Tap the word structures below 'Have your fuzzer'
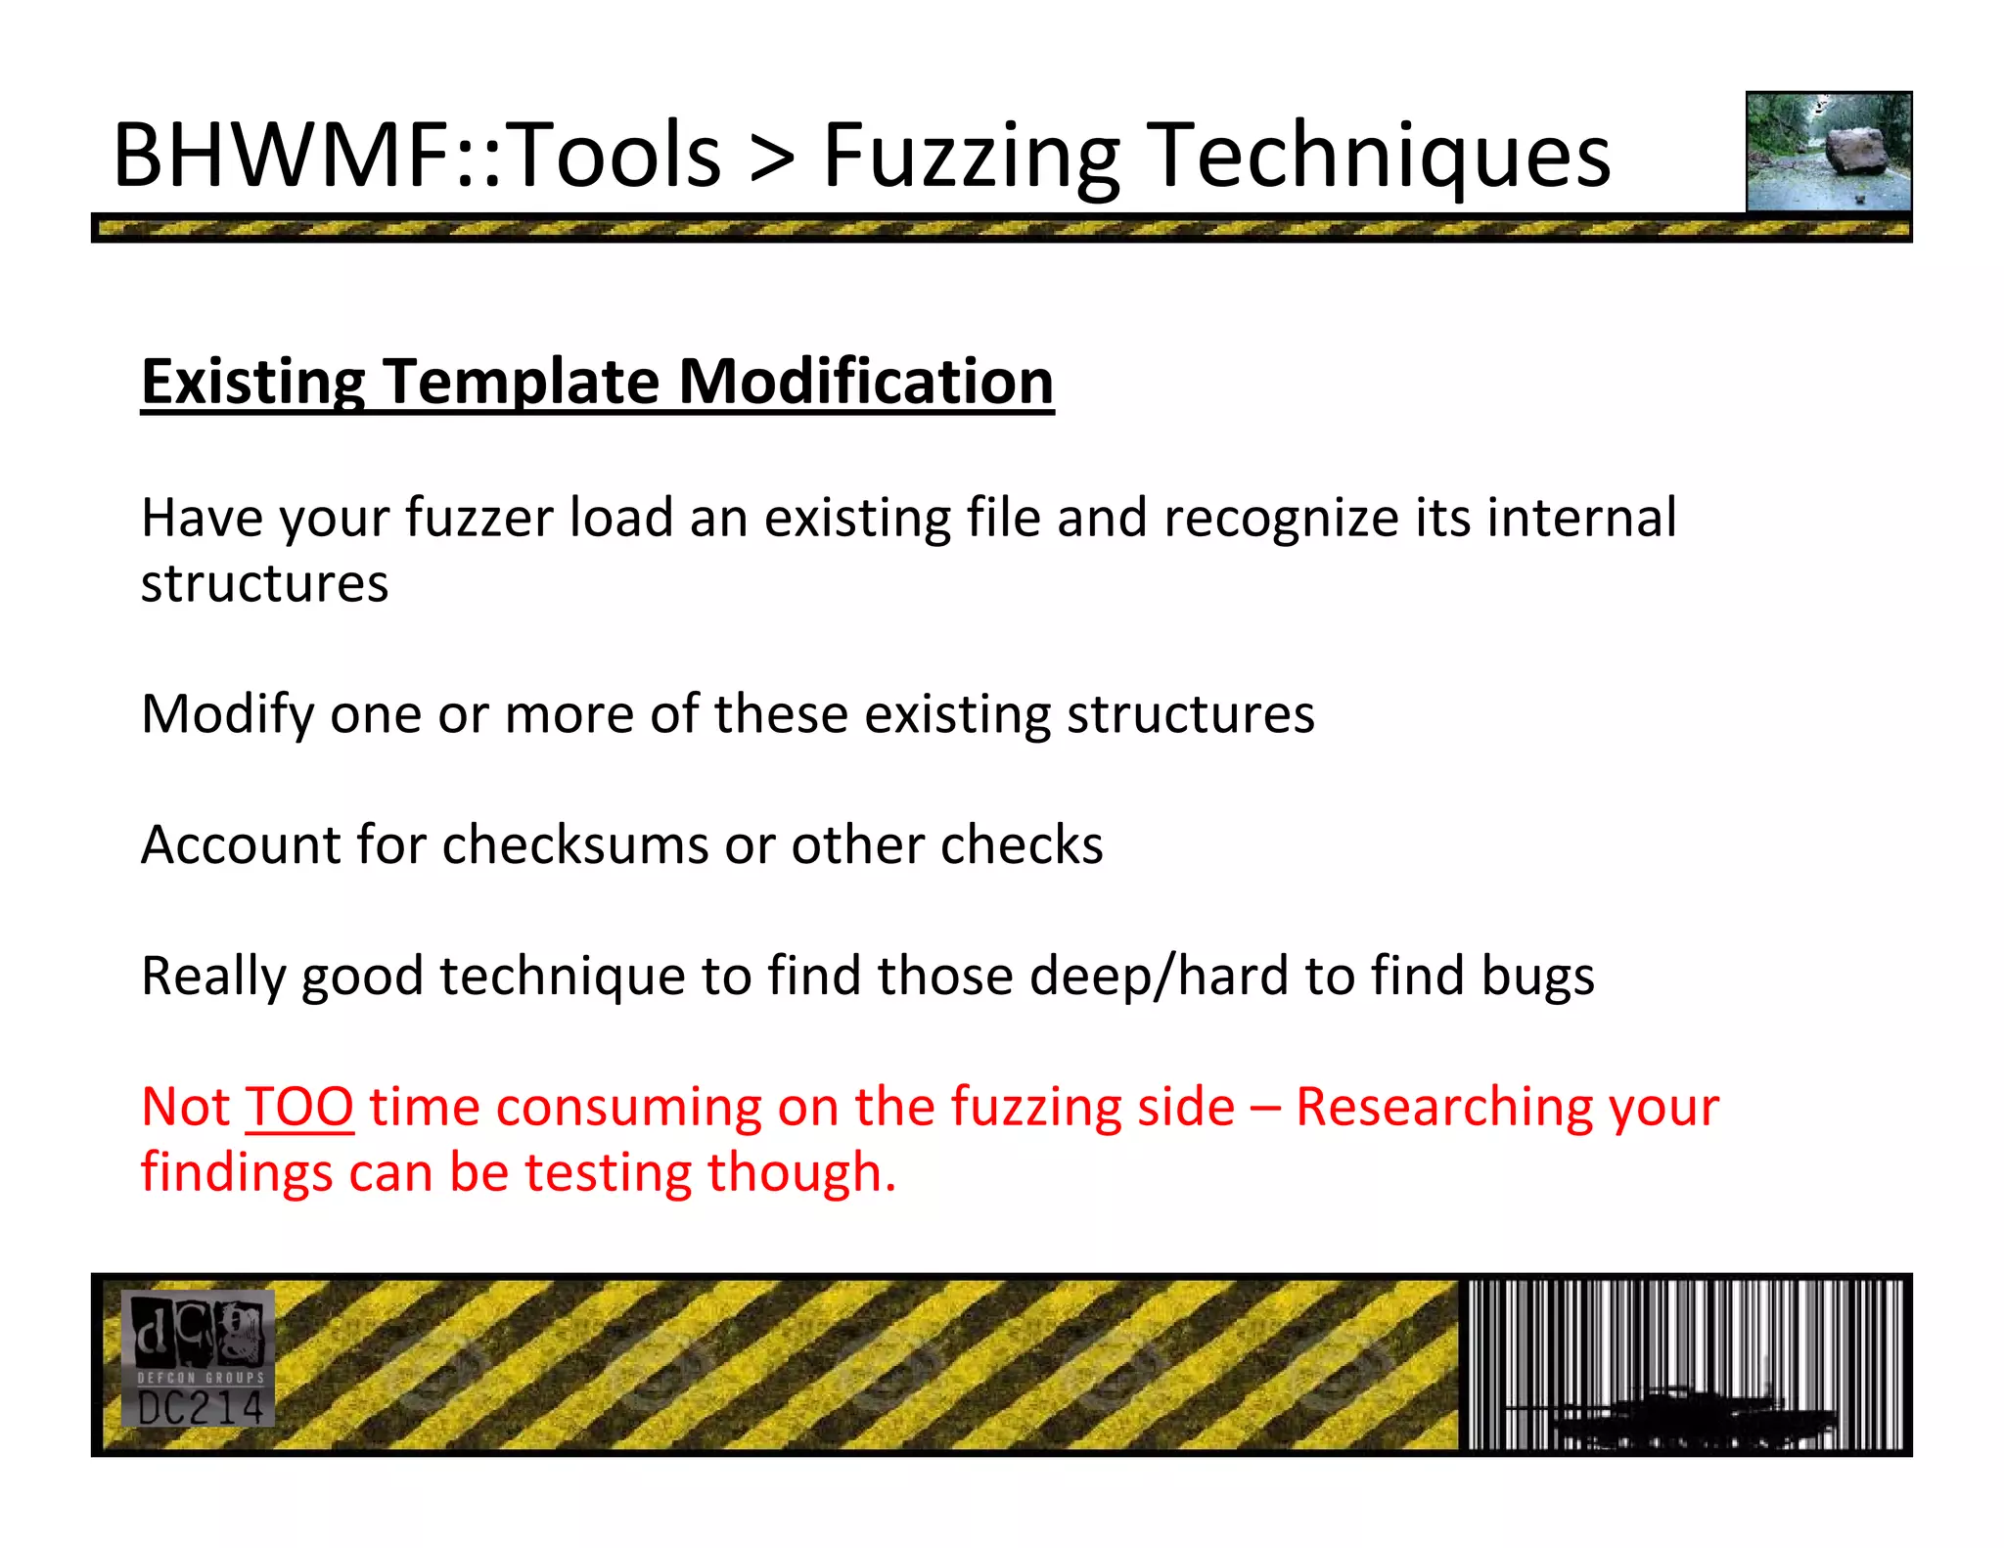pyautogui.click(x=264, y=584)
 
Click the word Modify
pyautogui.click(x=227, y=715)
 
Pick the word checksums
pyautogui.click(x=574, y=844)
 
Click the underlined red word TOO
pyautogui.click(x=298, y=1107)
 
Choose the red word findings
pyautogui.click(x=236, y=1173)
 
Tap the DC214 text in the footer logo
pyautogui.click(x=200, y=1409)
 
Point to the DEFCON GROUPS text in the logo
pyautogui.click(x=200, y=1377)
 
